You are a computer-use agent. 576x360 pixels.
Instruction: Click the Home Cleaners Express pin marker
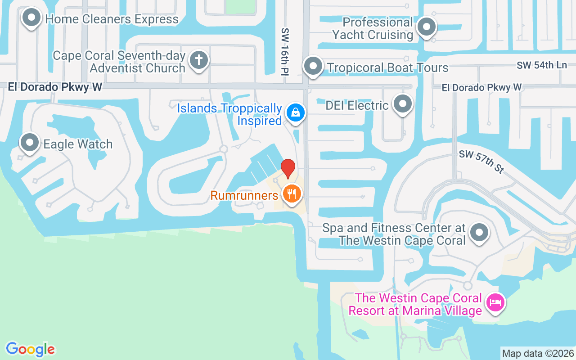[31, 18]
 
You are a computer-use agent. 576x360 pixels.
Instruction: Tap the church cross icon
[198, 60]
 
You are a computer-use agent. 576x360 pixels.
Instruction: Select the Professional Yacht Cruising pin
[426, 27]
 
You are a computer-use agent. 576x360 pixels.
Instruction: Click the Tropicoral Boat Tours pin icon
[313, 67]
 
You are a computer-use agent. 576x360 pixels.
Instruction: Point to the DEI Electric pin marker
[403, 104]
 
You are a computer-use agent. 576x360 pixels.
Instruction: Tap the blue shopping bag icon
[295, 112]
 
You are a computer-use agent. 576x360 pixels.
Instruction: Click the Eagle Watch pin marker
[30, 143]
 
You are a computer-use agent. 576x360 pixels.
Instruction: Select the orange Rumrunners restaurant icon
[292, 194]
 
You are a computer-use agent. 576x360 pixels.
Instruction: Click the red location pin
[288, 168]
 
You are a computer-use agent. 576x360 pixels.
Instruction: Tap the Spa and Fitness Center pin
[479, 233]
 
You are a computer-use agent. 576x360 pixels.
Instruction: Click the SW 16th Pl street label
[285, 52]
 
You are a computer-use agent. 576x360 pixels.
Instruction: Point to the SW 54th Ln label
[541, 65]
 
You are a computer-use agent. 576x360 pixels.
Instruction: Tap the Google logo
[31, 349]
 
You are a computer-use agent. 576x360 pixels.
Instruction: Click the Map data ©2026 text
[538, 353]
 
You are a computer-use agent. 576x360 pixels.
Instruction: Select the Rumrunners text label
[244, 196]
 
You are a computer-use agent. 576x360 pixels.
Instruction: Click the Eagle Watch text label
[78, 144]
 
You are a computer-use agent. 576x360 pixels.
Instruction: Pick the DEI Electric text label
[357, 106]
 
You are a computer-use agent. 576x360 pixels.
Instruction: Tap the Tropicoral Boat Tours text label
[387, 68]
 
